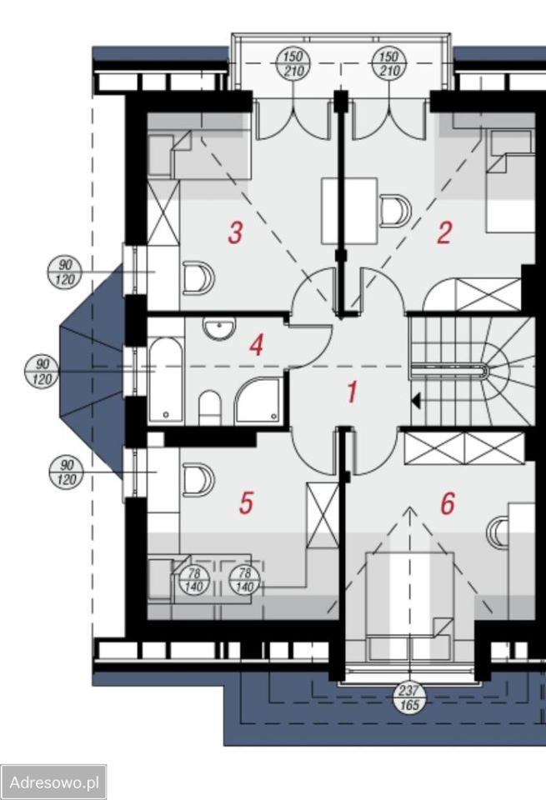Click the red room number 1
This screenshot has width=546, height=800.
click(x=352, y=392)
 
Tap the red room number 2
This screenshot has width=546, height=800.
click(x=444, y=232)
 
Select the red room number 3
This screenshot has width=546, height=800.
click(x=235, y=232)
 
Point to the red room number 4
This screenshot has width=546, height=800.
click(x=256, y=345)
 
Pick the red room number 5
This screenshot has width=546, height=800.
click(x=246, y=502)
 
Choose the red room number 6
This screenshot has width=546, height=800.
click(x=448, y=503)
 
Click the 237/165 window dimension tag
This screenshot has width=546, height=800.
click(x=409, y=698)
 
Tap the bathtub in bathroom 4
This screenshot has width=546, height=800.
click(x=166, y=380)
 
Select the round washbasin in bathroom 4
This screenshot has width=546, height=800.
click(x=219, y=328)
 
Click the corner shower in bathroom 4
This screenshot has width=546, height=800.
click(x=258, y=400)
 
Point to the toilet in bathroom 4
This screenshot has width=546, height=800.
click(x=209, y=407)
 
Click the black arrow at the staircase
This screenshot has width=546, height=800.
click(x=416, y=401)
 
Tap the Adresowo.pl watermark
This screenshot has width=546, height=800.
click(x=53, y=782)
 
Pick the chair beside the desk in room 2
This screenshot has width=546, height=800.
click(x=395, y=211)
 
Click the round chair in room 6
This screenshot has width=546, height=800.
click(x=498, y=533)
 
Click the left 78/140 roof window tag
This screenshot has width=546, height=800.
click(x=194, y=580)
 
